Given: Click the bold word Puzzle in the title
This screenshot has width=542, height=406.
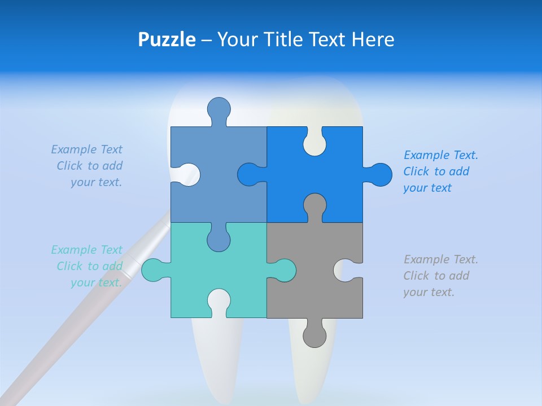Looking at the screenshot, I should [167, 39].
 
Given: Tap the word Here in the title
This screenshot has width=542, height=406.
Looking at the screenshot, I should [373, 39].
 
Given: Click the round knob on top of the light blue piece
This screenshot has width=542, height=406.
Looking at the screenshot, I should [218, 108].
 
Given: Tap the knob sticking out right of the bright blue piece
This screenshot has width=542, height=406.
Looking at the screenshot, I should [380, 174].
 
